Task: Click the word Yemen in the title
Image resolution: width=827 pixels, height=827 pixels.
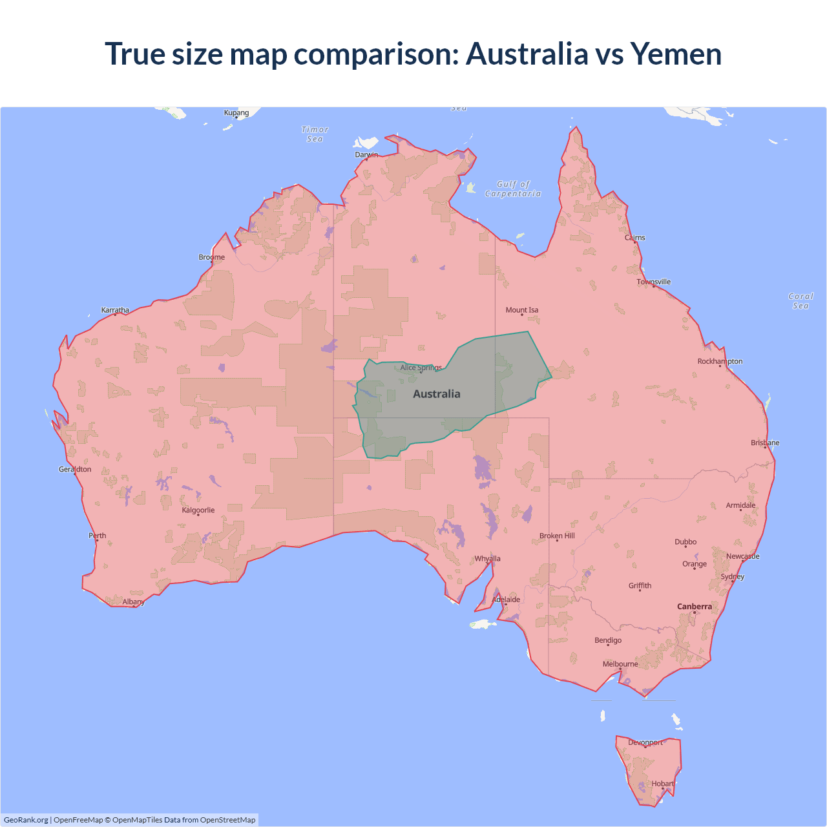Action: point(676,54)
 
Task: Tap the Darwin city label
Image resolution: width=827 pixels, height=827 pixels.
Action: point(366,154)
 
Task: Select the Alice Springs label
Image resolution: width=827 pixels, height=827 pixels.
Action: point(421,368)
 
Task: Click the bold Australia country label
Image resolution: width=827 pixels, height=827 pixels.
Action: point(437,394)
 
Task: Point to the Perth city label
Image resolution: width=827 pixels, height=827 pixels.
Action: point(98,536)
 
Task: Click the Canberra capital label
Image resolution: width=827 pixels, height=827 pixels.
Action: point(695,607)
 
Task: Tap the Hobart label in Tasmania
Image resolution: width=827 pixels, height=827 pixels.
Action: point(662,784)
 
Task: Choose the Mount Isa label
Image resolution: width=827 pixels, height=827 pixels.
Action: point(522,310)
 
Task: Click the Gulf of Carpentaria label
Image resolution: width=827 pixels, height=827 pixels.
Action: point(513,189)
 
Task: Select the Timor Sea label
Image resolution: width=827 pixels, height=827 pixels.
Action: point(315,134)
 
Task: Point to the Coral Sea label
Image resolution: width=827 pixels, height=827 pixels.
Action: point(801,301)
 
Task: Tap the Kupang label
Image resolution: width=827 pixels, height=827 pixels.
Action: point(236,112)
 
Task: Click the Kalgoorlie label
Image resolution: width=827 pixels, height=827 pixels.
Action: point(198,510)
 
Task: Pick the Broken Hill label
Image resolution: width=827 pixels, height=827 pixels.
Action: point(557,536)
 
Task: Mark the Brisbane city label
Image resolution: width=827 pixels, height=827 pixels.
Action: point(765,443)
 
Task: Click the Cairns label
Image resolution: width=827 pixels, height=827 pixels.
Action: point(634,238)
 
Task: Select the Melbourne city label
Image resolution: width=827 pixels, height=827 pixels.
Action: point(620,664)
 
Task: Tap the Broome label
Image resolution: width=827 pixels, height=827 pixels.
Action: point(212,257)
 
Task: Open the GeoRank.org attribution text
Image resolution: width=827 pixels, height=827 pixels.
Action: point(26,820)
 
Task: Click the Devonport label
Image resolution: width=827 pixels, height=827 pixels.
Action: point(645,742)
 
